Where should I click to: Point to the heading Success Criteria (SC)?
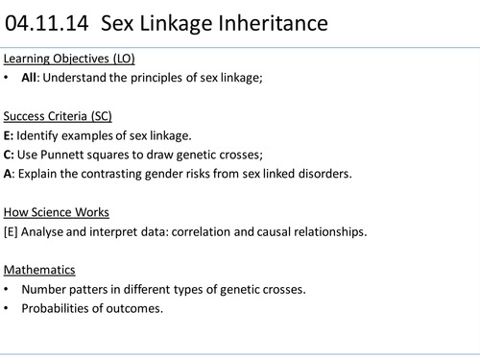coord(59,116)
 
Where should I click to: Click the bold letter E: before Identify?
coord(9,134)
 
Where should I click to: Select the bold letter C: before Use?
coord(9,154)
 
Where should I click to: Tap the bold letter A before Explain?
coord(8,173)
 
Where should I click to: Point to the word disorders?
coord(324,173)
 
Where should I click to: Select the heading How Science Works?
coord(57,211)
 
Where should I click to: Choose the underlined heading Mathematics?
coord(39,269)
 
